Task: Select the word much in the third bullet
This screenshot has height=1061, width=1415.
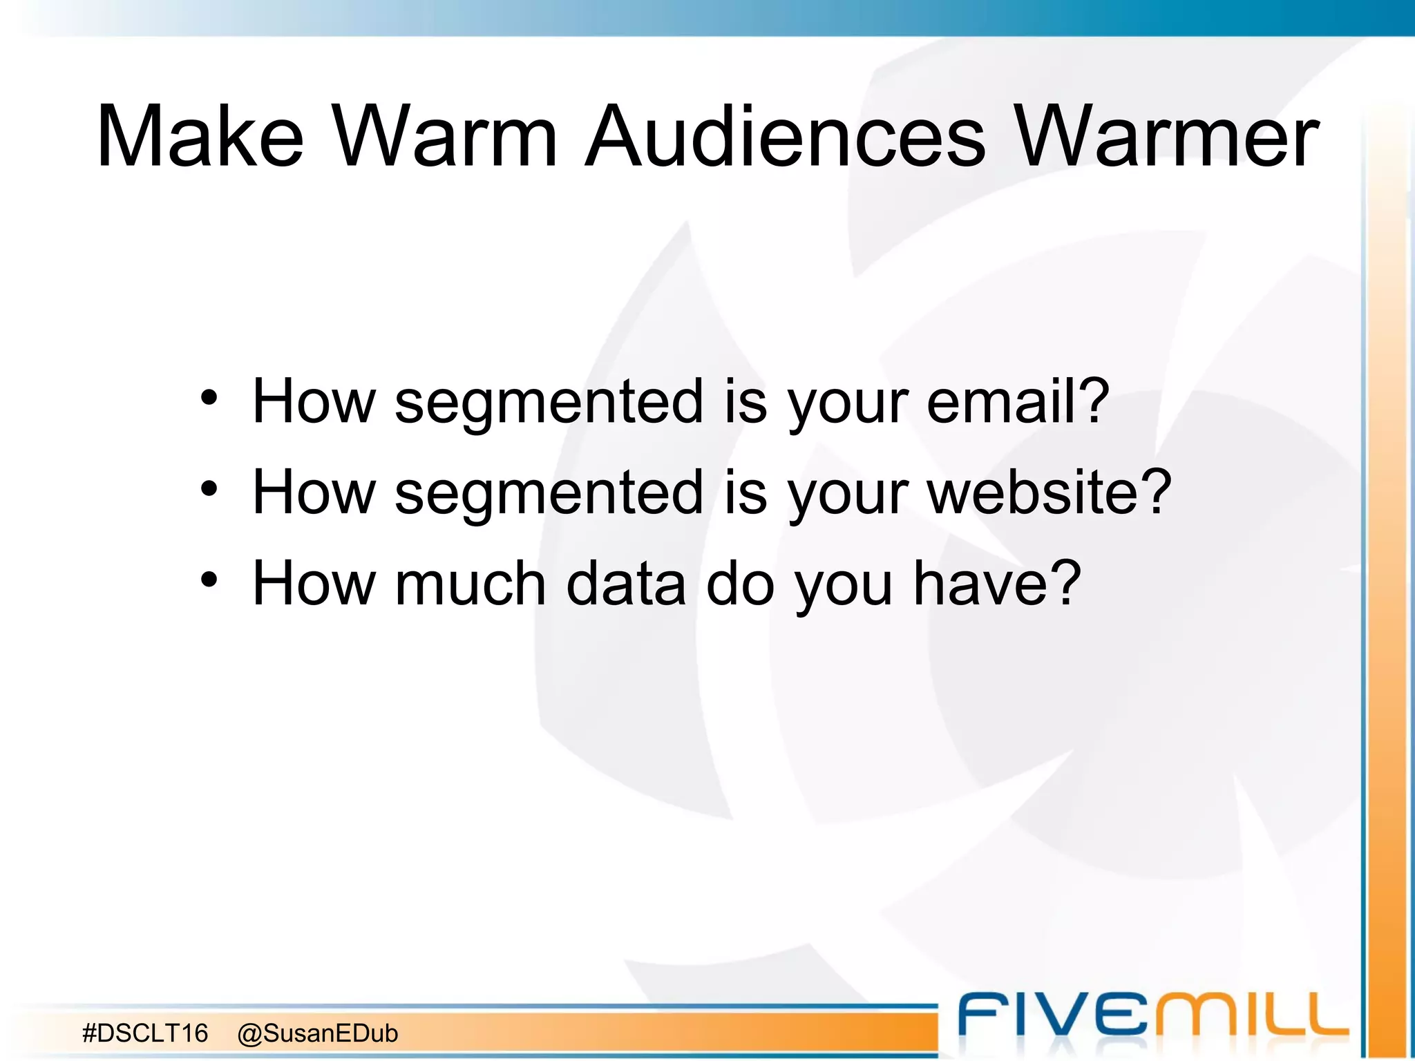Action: click(471, 584)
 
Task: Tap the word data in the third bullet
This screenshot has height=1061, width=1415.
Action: click(626, 584)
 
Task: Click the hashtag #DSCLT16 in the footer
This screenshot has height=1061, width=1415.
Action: click(145, 1033)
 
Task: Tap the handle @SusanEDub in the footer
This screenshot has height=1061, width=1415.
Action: click(317, 1033)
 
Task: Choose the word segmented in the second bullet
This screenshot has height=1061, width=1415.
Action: click(549, 493)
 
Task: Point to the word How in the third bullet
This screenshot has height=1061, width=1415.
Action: click(314, 584)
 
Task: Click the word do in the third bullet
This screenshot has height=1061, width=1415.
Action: click(739, 584)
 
